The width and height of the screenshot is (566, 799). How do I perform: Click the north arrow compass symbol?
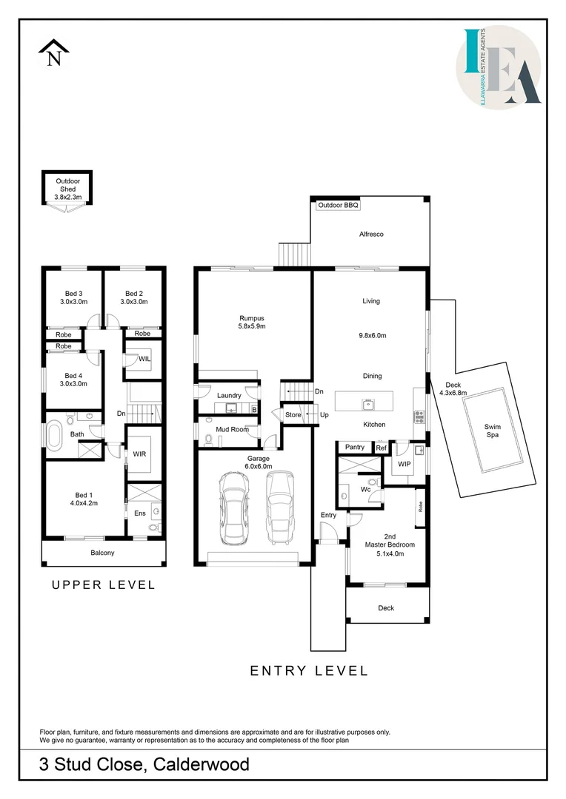tap(53, 53)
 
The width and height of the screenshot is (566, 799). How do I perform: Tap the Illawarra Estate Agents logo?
tap(499, 67)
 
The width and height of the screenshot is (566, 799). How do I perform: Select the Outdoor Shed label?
tap(68, 189)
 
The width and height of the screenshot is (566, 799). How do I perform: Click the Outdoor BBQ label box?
tap(338, 206)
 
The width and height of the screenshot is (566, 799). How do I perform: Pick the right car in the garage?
tap(280, 508)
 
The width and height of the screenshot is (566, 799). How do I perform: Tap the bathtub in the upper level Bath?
tap(54, 435)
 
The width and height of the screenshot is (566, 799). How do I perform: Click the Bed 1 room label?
tap(84, 499)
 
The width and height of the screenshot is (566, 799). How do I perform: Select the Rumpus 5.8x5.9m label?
tap(252, 322)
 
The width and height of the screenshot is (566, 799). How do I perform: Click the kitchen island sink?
tap(367, 405)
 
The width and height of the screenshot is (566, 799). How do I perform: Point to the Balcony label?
tap(102, 553)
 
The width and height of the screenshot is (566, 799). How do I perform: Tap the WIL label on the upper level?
tap(145, 359)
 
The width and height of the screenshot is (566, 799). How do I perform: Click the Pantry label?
tap(355, 447)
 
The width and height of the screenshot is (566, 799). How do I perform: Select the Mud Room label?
tap(232, 430)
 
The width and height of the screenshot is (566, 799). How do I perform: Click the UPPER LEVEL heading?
tap(104, 585)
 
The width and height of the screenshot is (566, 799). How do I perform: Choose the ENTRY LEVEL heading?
tap(309, 671)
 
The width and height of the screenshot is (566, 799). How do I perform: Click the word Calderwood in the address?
tap(201, 764)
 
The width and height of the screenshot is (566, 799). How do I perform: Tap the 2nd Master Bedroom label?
tap(390, 545)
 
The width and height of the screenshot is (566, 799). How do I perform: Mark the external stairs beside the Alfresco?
tap(295, 254)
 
